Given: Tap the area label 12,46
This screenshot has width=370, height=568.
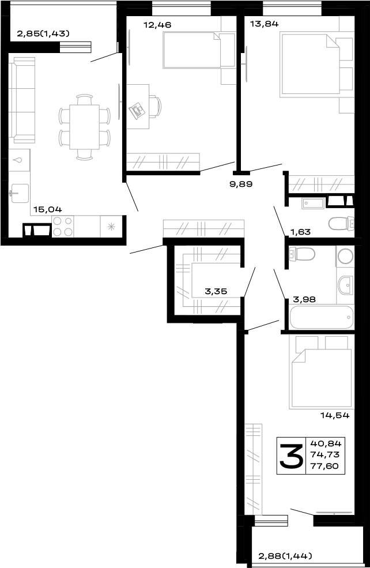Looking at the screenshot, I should coord(157,25).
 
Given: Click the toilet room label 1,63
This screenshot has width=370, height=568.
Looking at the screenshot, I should coord(300,232).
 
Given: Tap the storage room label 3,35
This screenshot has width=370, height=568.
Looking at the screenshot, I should coord(216,292).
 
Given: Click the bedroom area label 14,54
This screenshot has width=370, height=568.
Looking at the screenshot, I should coord(335,415).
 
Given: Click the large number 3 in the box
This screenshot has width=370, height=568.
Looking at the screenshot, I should coord(291,456).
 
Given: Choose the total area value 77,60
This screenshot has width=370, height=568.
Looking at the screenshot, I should coord(326,467).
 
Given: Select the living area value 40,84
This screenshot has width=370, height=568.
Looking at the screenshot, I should coord(326,444).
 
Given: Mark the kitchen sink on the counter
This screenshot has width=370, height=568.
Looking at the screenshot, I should coord(19,190).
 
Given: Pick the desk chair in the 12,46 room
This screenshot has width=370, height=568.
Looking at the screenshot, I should coord(156,107).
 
